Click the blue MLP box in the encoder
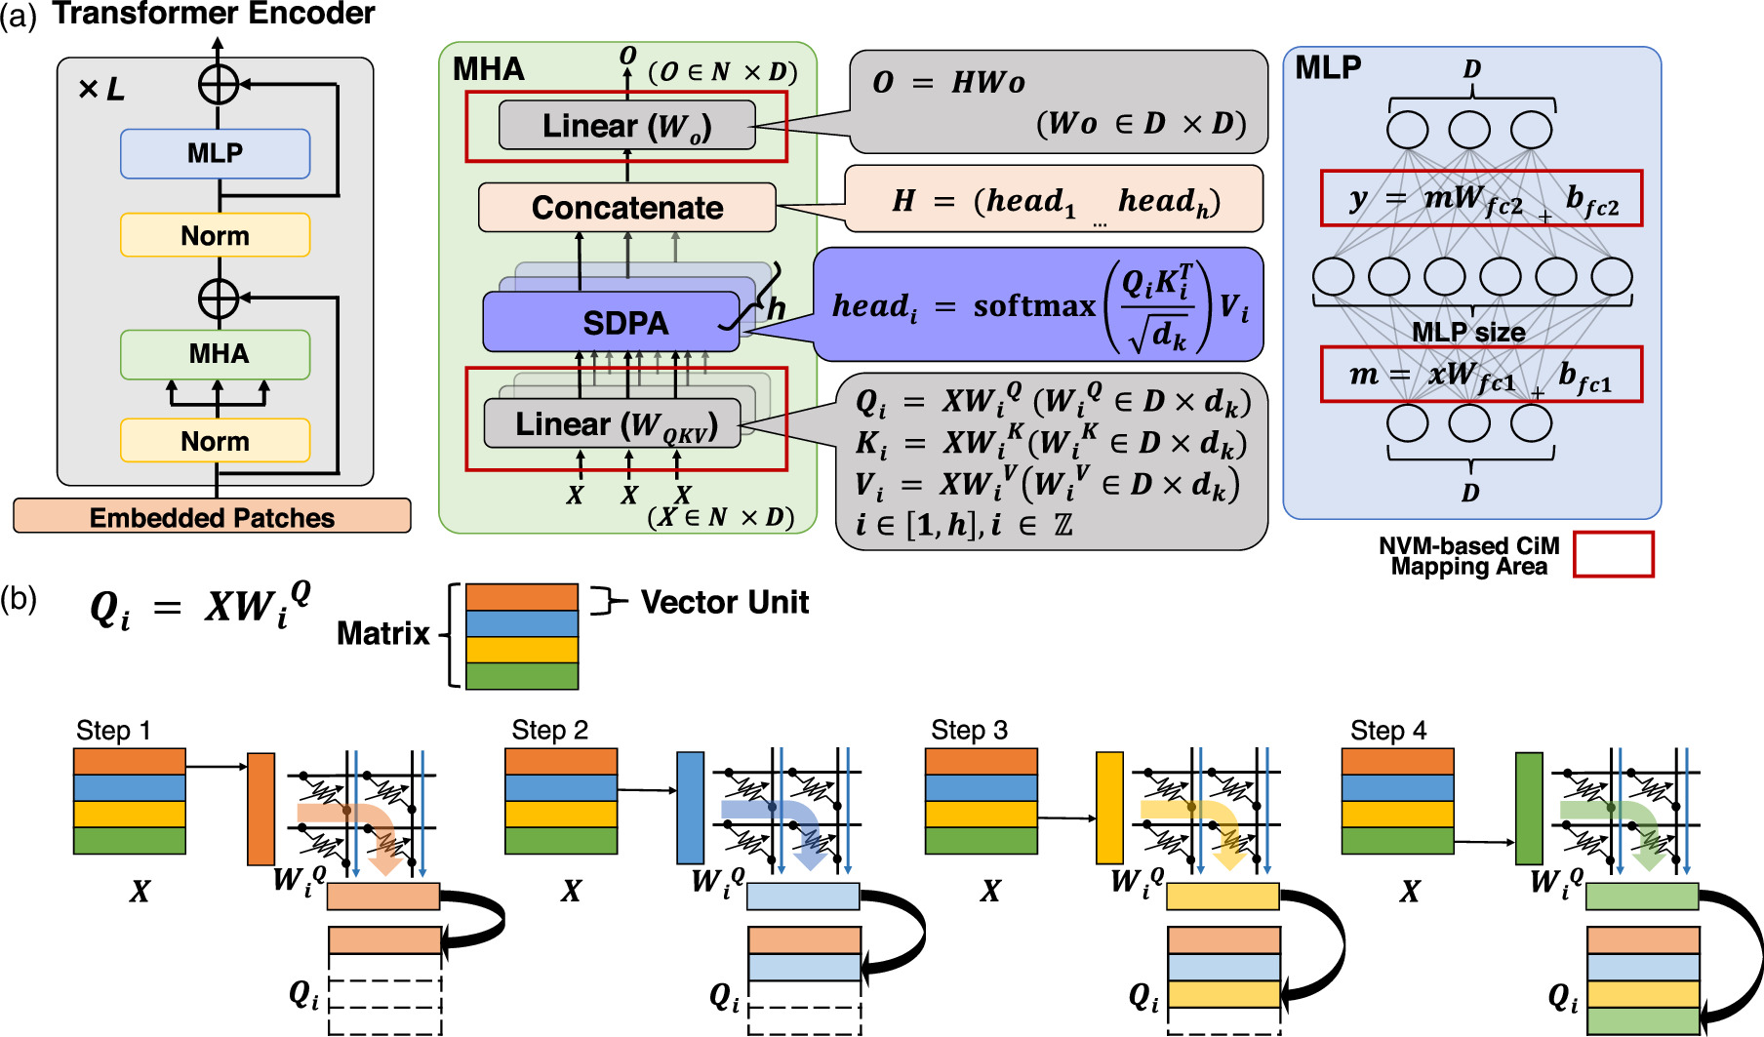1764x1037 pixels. tap(215, 153)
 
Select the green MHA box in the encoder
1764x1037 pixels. tap(215, 354)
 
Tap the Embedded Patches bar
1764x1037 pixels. tap(212, 516)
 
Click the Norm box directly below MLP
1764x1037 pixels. tap(215, 235)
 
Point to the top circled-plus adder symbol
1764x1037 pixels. tap(219, 84)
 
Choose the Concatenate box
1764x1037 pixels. tap(626, 208)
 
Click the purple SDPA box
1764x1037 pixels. tap(624, 323)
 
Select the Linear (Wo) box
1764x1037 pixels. tap(626, 126)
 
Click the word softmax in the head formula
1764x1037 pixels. tap(1034, 306)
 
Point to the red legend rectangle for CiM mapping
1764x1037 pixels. tap(1613, 554)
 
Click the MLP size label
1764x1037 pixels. tap(1468, 333)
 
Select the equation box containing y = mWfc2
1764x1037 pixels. tap(1480, 199)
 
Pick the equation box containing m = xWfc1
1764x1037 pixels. tap(1480, 375)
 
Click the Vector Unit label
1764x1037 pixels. tap(724, 602)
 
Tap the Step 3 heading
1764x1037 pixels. tap(969, 730)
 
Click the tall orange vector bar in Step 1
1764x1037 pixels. tap(261, 808)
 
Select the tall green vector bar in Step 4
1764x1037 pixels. tap(1529, 808)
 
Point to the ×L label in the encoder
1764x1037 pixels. tap(101, 90)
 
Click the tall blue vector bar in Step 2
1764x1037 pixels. tap(690, 808)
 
